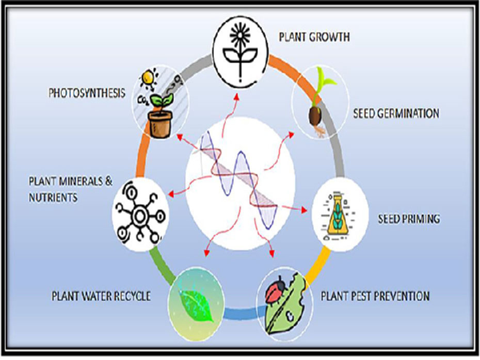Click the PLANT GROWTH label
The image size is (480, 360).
(314, 37)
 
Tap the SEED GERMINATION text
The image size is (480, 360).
(396, 113)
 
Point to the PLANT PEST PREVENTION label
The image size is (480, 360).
(375, 297)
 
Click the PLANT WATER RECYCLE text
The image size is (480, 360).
(101, 297)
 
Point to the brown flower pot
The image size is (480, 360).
(159, 125)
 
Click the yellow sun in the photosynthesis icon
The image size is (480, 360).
(149, 77)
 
